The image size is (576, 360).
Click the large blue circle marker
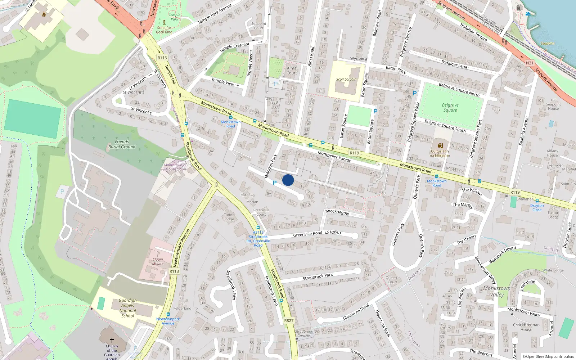288,180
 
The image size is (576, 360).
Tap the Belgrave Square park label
450,108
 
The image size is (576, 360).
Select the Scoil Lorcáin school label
346,79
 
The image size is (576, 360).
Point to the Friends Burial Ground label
122,144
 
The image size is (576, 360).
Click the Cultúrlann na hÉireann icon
440,146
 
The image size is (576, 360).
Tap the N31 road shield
530,63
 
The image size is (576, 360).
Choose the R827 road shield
289,320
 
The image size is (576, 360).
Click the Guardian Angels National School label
127,308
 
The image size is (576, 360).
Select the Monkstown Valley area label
497,291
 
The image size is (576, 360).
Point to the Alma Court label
292,70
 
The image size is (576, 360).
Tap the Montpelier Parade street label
334,157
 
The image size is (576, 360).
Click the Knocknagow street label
337,212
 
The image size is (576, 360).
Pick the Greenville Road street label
307,234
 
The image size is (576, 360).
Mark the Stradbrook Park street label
318,276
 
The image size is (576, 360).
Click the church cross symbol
112,340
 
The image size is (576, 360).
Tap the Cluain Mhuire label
158,261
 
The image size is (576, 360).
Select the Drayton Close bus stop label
537,208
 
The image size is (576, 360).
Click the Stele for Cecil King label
164,30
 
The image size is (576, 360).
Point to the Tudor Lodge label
229,217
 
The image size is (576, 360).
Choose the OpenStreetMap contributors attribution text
548,356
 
